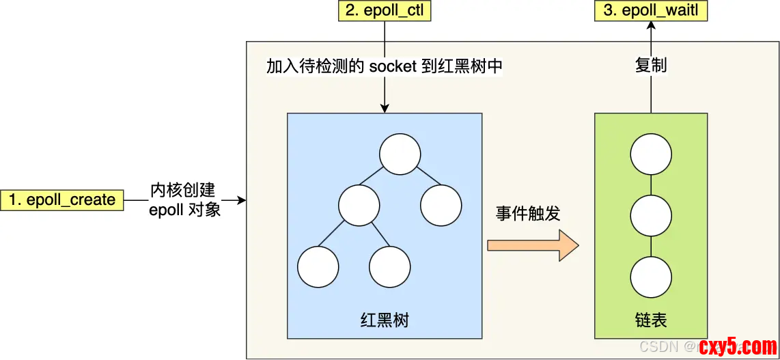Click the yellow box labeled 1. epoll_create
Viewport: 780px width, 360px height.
[x=62, y=200]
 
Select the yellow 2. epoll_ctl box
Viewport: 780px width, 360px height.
[x=385, y=11]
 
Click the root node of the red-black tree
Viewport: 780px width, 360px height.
[x=400, y=154]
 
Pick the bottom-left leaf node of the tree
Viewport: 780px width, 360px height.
[x=318, y=266]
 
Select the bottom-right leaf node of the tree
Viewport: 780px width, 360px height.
[x=390, y=266]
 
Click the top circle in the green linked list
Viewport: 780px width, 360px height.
[x=651, y=155]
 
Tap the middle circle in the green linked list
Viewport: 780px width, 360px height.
[x=651, y=215]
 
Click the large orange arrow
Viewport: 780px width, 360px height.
[x=533, y=245]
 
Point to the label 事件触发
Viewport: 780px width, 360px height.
[x=528, y=213]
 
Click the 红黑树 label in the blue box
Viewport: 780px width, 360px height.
[x=385, y=320]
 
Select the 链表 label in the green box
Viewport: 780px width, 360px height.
[x=651, y=320]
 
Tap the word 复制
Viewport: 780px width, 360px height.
[x=651, y=66]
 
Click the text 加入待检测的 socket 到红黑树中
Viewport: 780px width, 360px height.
[x=385, y=66]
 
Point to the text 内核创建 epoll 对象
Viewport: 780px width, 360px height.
[x=183, y=199]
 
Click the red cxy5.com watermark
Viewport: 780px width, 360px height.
[x=737, y=346]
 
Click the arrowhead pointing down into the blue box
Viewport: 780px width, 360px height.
[x=385, y=108]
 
